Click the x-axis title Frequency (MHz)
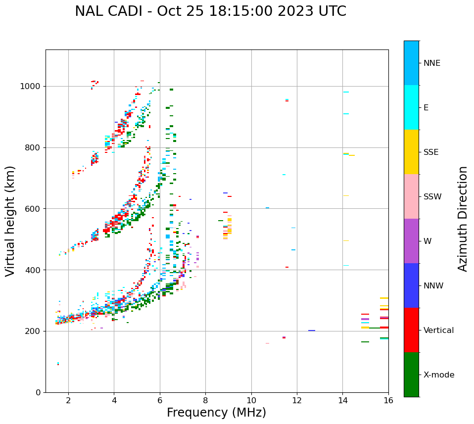click(216, 413)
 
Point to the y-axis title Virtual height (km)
click(10, 221)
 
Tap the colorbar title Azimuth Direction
click(463, 219)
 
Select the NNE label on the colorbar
click(431, 63)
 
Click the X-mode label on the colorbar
click(438, 375)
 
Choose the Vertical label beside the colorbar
click(438, 330)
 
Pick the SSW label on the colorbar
click(432, 197)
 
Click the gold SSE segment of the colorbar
click(411, 152)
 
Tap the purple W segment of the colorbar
click(411, 241)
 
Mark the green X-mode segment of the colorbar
click(411, 375)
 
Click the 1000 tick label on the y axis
click(30, 87)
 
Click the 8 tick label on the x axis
click(205, 400)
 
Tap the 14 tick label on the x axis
click(342, 400)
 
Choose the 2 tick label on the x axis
click(68, 400)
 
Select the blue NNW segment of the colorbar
click(411, 285)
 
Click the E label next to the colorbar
click(426, 108)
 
